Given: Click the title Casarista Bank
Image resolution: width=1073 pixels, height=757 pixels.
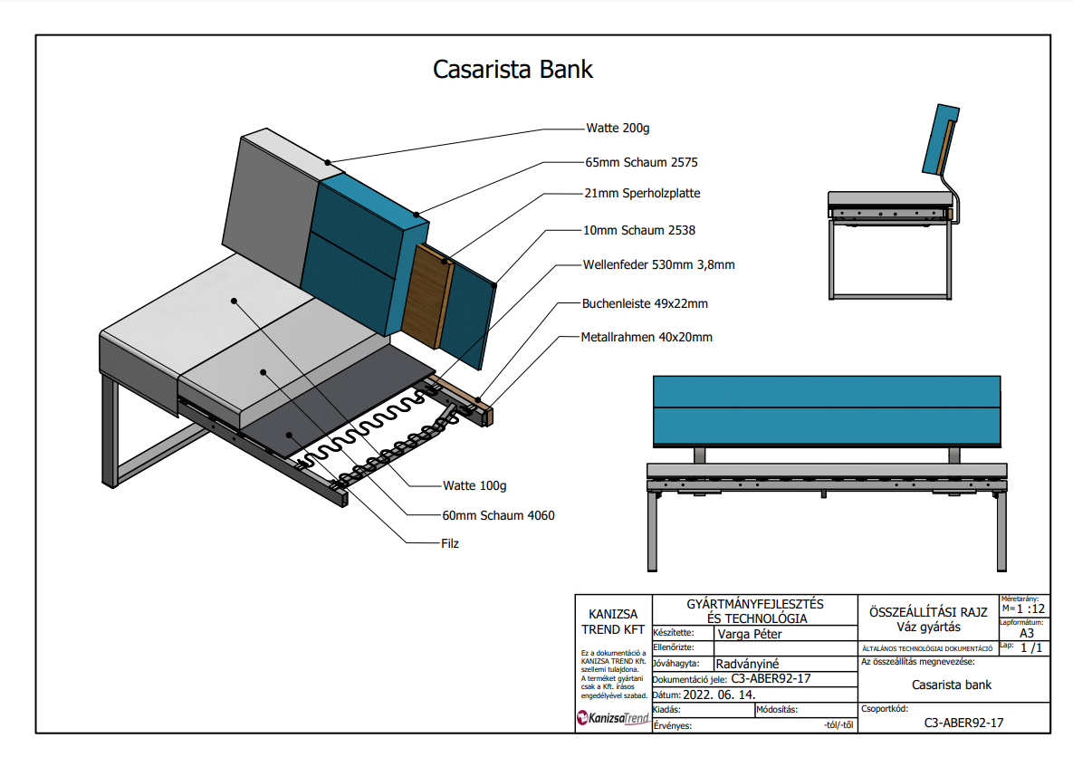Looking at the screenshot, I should pos(513,70).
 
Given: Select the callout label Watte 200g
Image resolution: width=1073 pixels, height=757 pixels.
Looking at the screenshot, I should pos(618,128).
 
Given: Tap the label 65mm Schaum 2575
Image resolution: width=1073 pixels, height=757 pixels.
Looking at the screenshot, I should pos(642,162).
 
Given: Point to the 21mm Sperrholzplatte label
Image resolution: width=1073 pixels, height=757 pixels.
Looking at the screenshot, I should pos(643,193).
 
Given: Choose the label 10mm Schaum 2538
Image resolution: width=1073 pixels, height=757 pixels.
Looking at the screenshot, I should pos(640,230).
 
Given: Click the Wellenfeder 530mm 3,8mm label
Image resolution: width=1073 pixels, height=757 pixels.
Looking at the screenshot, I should pos(658,265).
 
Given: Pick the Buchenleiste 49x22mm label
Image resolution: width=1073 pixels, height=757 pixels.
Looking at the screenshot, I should pos(645,303).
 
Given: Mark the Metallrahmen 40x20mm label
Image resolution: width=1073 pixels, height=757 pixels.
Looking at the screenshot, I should pos(647,337).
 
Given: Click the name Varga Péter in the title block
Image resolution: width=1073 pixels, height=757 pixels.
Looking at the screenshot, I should pos(749,634).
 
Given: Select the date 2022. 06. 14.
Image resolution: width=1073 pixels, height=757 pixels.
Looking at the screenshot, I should pos(723,695).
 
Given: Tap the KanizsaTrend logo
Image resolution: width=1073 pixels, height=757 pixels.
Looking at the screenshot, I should pos(613,719).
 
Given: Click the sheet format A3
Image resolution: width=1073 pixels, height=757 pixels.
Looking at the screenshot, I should pos(1027,633).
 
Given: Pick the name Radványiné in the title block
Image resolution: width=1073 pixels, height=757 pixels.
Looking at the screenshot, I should pos(747,664).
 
